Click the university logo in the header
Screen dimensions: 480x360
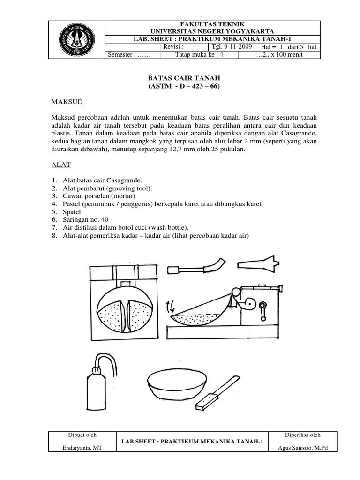[x=77, y=39]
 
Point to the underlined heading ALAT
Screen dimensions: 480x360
[x=60, y=165]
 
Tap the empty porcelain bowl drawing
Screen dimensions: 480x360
[x=178, y=383]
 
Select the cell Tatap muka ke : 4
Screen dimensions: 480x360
[x=199, y=55]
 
